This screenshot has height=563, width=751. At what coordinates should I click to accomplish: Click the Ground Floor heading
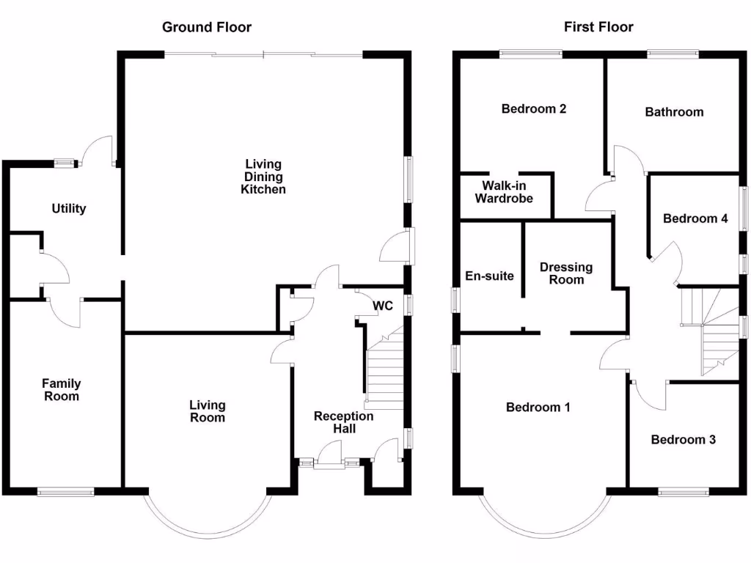coord(206,27)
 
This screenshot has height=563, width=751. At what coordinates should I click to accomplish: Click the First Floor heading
coord(598,27)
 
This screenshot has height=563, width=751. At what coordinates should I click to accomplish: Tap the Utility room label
coord(69,208)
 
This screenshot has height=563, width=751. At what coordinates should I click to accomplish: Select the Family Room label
coord(61,390)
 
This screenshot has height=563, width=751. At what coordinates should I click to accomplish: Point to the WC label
coord(383,305)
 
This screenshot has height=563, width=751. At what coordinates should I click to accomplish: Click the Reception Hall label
coord(343,422)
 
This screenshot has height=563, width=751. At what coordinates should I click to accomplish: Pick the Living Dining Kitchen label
coord(263,177)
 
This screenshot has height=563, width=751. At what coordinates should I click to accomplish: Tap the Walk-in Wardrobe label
coord(504,192)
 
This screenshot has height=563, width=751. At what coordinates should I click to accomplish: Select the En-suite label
coord(490,276)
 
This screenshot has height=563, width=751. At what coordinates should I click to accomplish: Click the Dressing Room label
coord(566,273)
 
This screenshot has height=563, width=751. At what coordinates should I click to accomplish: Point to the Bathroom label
coord(674,112)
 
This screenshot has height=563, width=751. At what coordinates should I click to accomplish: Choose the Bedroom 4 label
coord(695,218)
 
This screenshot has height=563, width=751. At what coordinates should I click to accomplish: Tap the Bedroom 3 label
coord(684,440)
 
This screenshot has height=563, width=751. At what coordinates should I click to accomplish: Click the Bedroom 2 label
coord(534,109)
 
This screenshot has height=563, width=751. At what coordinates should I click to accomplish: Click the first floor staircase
coord(710,330)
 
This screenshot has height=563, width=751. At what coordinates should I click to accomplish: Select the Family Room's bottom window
coord(66,492)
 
